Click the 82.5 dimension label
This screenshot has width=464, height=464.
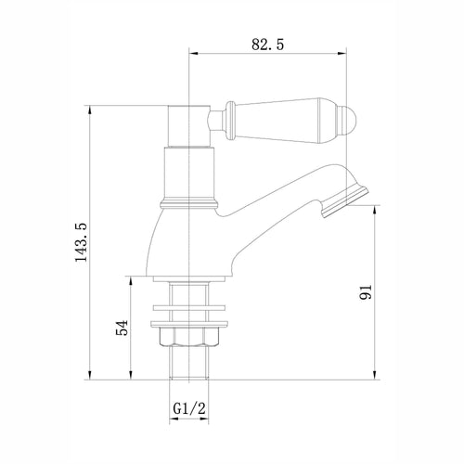click(267, 45)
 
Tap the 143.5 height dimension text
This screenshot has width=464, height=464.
click(82, 242)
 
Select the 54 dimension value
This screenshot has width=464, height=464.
click(122, 328)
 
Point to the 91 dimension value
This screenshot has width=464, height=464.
click(366, 292)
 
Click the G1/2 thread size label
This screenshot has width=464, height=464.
click(189, 408)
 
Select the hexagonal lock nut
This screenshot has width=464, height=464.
click(188, 337)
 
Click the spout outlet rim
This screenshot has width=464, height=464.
click(345, 201)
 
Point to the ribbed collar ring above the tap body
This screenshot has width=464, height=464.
click(189, 204)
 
